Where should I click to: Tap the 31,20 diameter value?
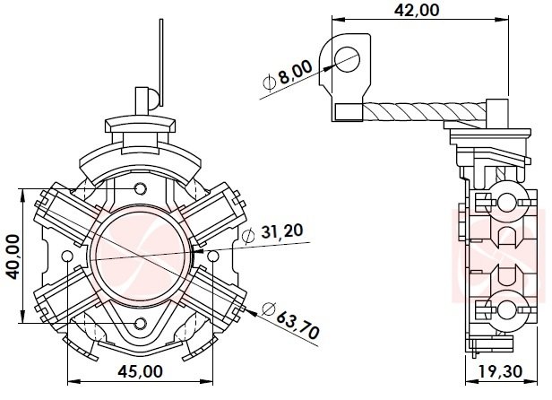(x=281, y=231)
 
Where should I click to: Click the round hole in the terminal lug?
(x=345, y=57)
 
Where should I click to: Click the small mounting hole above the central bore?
(x=139, y=189)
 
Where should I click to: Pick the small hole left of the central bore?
(x=66, y=257)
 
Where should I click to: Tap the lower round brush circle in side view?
(x=510, y=310)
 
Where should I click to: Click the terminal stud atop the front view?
(x=143, y=97)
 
